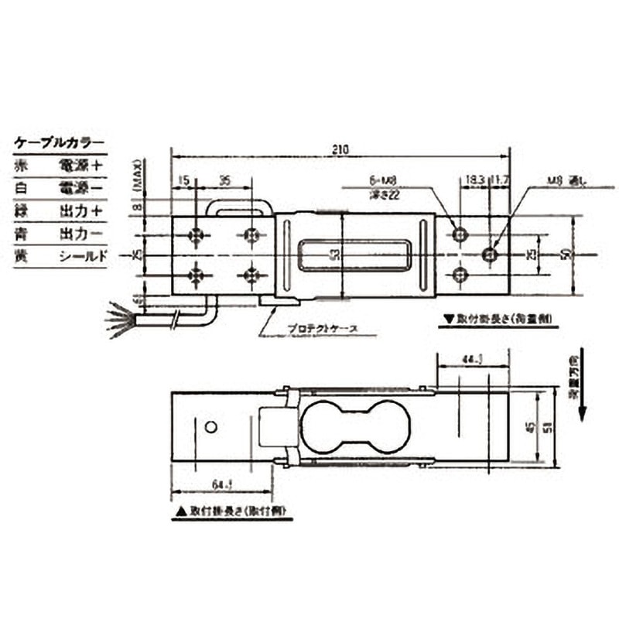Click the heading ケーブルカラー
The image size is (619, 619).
click(x=58, y=143)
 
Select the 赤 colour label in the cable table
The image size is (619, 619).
click(x=22, y=165)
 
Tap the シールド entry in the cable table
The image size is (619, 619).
click(x=82, y=256)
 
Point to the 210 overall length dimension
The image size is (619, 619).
click(x=341, y=148)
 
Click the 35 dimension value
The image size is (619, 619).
click(x=224, y=180)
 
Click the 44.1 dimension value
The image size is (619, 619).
click(x=472, y=358)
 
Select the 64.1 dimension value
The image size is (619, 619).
click(x=221, y=485)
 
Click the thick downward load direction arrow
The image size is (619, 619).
click(x=581, y=387)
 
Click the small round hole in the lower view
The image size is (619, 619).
click(x=210, y=427)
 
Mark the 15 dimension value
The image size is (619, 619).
click(x=183, y=180)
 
